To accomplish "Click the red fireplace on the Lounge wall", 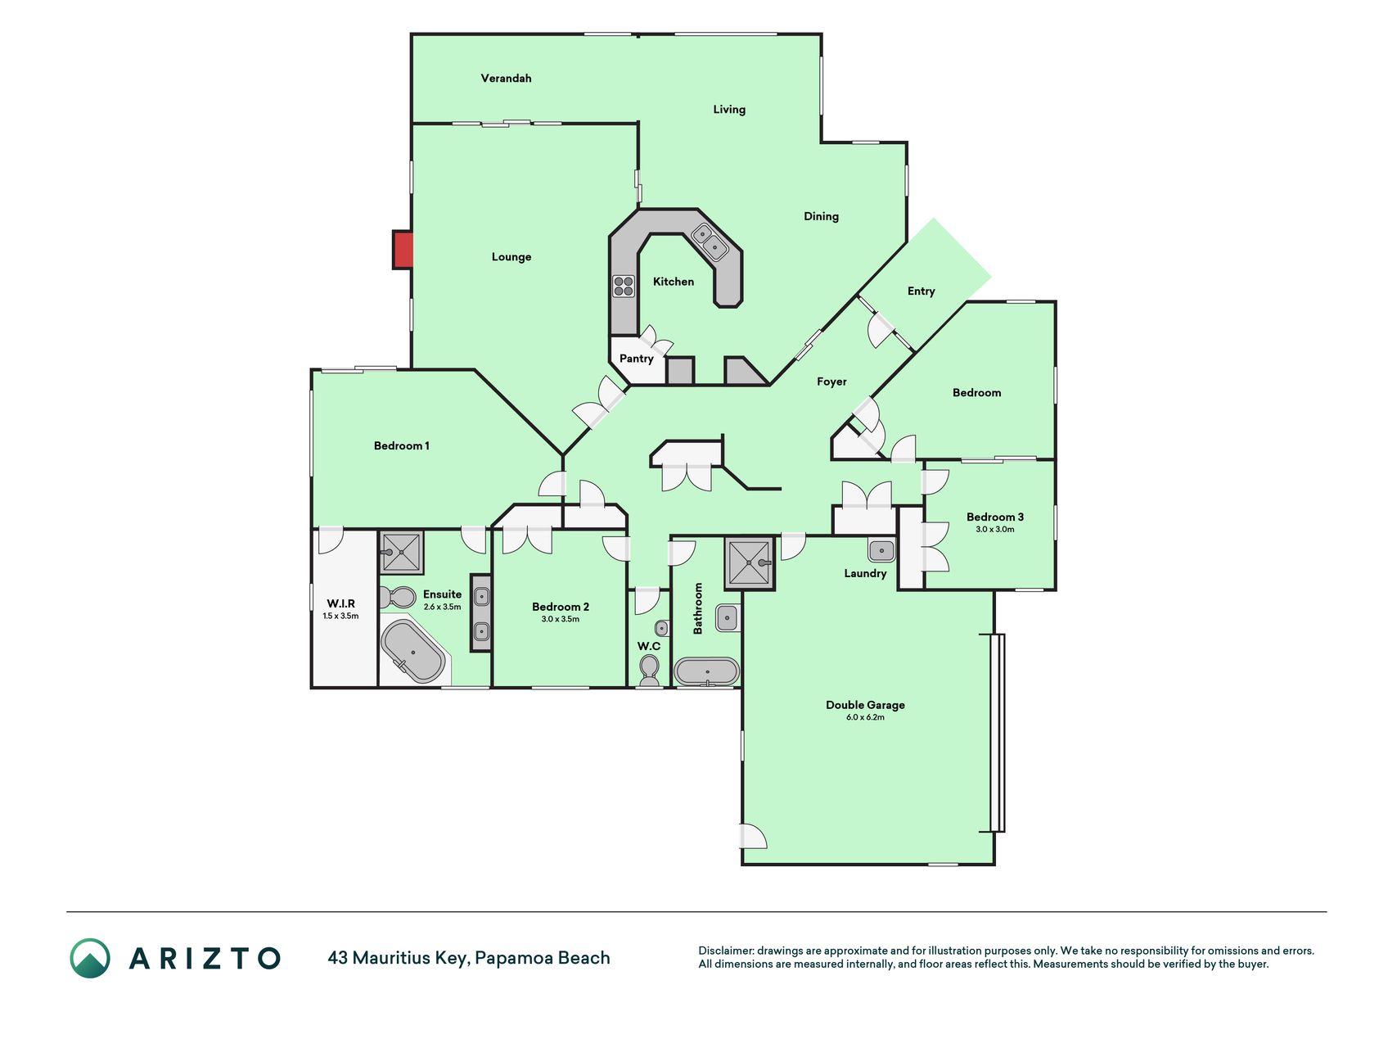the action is [403, 250].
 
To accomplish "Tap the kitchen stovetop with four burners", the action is [624, 287].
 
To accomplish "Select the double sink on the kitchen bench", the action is [710, 242].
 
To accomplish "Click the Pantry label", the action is [636, 359].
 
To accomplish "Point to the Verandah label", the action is [506, 79].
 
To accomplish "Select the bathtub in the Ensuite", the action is [413, 652].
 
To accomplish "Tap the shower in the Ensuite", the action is [401, 553].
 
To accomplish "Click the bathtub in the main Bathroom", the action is [707, 672].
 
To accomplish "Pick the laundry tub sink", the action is [881, 549].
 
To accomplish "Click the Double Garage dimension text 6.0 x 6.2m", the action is [865, 717].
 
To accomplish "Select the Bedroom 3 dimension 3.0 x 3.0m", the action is [995, 529].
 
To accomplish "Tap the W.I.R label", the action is [341, 603].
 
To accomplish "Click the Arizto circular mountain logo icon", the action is [90, 958].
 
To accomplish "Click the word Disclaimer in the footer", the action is [726, 951].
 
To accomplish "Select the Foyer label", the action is [831, 382].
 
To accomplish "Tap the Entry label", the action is [921, 291].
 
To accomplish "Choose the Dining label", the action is [821, 217].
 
